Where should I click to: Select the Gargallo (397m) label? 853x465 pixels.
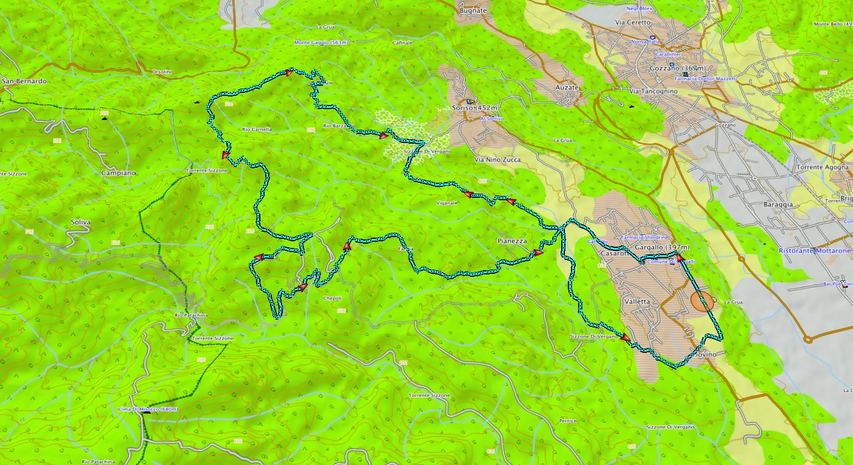pos(662,248)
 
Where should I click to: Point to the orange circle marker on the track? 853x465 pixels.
pos(702,301)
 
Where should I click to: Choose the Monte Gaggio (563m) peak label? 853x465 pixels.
pos(321,43)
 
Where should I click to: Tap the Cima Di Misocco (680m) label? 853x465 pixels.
pos(148,410)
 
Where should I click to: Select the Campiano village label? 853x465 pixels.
pos(119,172)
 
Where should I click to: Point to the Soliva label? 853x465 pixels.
pos(80,223)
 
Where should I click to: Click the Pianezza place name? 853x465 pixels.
pos(512,241)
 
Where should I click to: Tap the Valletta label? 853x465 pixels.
pos(637,302)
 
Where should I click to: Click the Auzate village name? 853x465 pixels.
pos(566,87)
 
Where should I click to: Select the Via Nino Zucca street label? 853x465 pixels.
pos(497,160)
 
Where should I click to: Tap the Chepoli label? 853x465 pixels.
pos(333,299)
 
